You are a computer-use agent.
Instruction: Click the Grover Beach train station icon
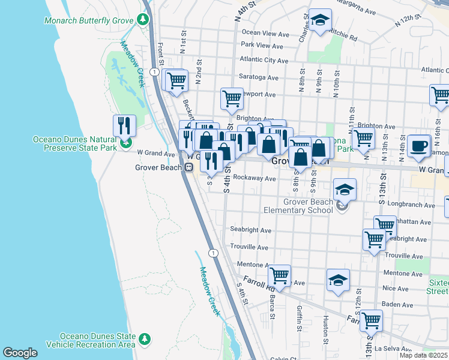tap(188, 167)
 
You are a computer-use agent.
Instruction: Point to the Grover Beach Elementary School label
tap(298, 206)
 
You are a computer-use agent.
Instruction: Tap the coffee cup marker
tap(418, 146)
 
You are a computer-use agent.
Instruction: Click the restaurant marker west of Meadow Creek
tap(124, 125)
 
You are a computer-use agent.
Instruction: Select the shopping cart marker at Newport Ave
tap(232, 98)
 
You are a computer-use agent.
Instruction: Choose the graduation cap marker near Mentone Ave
tap(338, 280)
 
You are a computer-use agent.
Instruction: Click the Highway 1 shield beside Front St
tap(155, 71)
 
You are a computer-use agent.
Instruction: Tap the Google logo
tap(20, 353)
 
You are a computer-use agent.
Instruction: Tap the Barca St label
tap(272, 306)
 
